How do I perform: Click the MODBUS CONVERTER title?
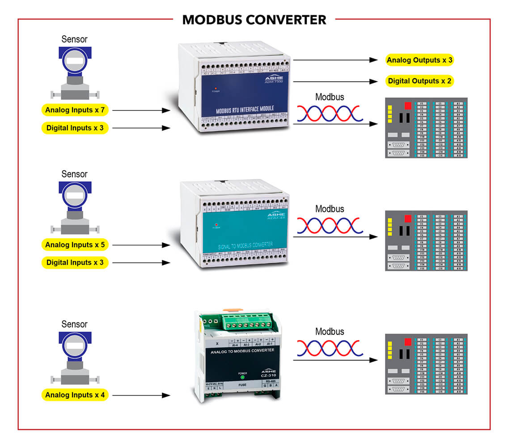tap(254, 20)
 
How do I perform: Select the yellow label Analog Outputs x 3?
tap(419, 60)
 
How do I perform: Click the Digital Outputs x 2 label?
tap(419, 81)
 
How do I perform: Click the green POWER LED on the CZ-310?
tap(242, 376)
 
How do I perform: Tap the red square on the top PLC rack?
tap(407, 106)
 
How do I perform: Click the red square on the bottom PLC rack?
tap(407, 342)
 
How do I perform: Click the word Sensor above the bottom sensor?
tap(74, 324)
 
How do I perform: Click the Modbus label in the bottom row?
tap(330, 332)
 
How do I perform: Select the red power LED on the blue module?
tap(216, 88)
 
